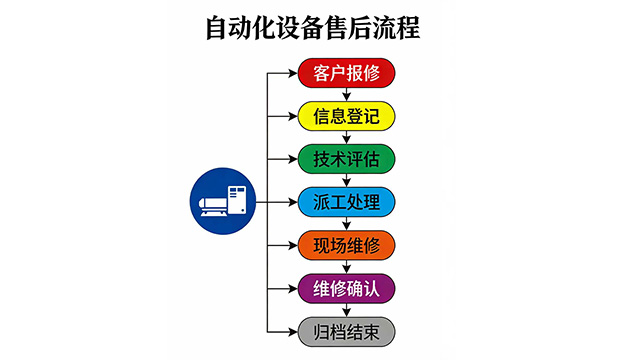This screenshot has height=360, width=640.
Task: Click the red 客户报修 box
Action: point(347,72)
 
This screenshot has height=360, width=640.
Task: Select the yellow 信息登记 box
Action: point(347,115)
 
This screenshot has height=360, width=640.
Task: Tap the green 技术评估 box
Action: point(347,158)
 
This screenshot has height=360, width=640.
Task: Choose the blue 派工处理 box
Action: point(347,202)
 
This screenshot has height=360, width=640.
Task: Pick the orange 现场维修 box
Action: point(347,245)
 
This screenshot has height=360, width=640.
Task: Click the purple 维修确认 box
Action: point(347,288)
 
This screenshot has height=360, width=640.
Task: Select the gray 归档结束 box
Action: point(347,331)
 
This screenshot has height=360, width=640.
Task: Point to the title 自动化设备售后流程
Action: point(319,26)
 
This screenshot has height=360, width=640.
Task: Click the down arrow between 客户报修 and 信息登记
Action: point(347,94)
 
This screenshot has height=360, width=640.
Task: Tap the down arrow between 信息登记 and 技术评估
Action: point(347,137)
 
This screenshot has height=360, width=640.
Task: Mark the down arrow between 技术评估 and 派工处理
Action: point(347,180)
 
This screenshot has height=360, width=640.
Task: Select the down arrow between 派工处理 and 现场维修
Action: point(347,224)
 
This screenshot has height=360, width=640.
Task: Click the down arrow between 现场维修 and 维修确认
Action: point(347,267)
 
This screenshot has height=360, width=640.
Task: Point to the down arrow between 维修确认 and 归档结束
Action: point(347,310)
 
